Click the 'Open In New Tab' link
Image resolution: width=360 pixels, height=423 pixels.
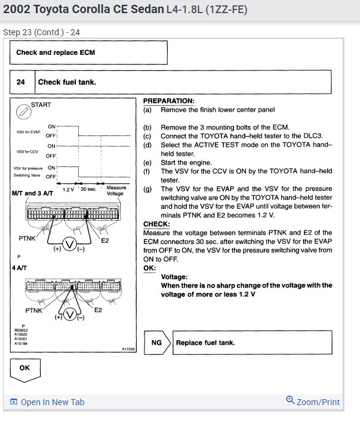[x=48, y=402]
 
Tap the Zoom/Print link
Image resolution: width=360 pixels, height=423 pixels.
[x=313, y=402]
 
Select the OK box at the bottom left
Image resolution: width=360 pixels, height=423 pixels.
[x=24, y=368]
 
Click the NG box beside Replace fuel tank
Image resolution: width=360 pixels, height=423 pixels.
[x=156, y=342]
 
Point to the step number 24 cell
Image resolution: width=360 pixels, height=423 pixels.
[x=21, y=82]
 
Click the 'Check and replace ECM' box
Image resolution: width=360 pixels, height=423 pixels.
[x=88, y=53]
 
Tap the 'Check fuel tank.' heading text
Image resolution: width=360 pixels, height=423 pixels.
[x=67, y=82]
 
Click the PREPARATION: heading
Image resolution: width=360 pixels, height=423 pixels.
[x=168, y=101]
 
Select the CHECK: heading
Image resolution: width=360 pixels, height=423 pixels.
[x=157, y=224]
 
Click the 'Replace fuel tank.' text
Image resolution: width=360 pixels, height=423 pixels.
[x=205, y=342]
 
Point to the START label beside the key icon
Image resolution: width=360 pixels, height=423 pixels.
[x=41, y=105]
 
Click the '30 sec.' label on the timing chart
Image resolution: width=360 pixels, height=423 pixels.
[x=88, y=189]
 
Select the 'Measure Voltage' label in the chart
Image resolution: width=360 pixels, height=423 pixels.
[x=116, y=191]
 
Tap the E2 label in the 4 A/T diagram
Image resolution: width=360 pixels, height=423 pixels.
[x=99, y=310]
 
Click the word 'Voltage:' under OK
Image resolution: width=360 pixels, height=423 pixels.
[x=175, y=277]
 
